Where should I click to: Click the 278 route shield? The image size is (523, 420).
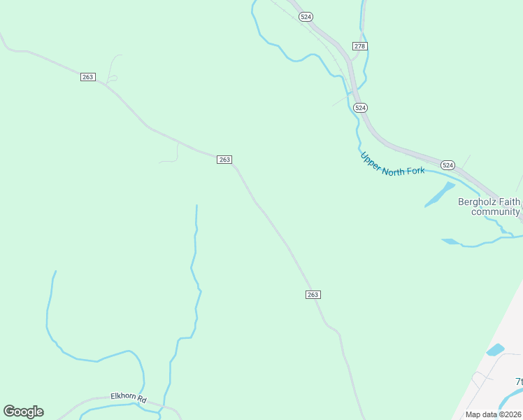tap(359, 46)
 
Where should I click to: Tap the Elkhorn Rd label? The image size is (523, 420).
tap(129, 398)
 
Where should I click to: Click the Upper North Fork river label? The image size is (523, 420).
tap(392, 163)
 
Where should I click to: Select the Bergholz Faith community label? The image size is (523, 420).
tap(489, 206)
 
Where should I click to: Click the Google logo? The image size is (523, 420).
tap(23, 412)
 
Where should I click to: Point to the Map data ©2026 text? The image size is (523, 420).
tap(493, 414)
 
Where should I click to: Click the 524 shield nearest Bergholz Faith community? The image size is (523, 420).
tap(447, 165)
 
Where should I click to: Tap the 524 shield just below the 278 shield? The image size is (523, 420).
tap(359, 108)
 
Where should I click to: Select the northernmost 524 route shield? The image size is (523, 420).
tap(305, 17)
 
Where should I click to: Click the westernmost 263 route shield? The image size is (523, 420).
tap(87, 77)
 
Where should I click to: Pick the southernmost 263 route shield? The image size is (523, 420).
tap(313, 295)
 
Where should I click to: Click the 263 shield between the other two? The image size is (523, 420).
tap(224, 160)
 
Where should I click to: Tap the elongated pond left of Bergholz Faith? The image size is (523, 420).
tap(440, 195)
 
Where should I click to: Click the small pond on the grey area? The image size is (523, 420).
tap(495, 349)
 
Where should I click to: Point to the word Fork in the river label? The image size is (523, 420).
tap(413, 170)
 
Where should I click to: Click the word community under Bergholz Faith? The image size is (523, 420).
tap(495, 211)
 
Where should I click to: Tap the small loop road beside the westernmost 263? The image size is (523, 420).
tap(112, 78)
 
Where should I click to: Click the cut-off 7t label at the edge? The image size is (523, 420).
tap(519, 381)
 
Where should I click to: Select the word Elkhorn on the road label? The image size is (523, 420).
tap(122, 397)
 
